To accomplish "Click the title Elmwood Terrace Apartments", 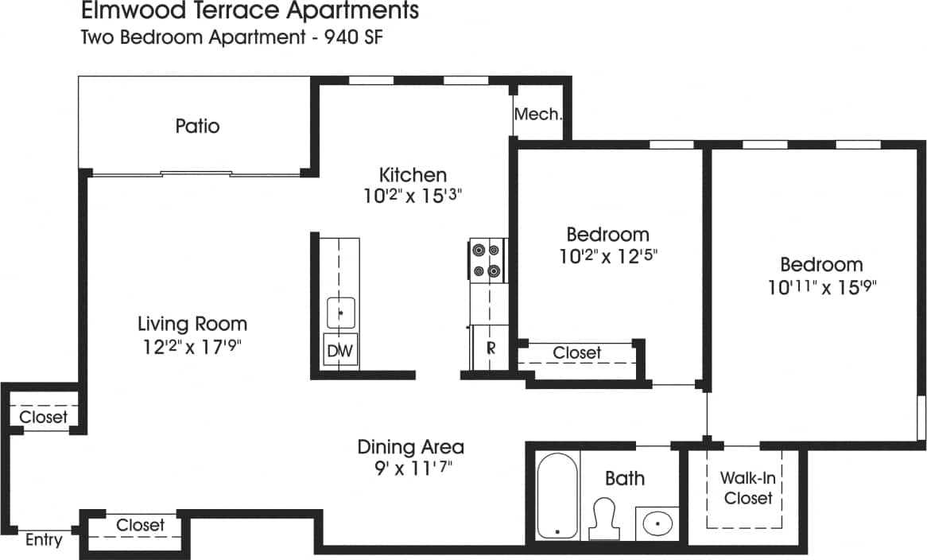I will coord(250,12).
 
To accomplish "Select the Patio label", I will coord(197,126).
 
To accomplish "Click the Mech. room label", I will coord(538,114).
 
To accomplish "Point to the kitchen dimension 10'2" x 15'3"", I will coord(413,196).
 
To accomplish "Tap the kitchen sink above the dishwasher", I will coord(341,312).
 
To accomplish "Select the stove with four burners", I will coord(487,260).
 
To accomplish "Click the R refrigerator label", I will coord(491,348).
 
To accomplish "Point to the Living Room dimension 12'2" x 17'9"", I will coord(191,346).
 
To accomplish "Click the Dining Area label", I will coord(410,446).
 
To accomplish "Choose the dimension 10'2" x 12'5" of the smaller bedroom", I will coord(607,256).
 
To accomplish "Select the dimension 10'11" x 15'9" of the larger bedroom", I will coord(821,286).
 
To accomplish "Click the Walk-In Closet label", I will coord(747,488).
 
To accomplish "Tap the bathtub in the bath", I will coord(557,496).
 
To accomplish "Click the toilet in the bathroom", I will coord(606,516).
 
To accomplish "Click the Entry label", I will coord(44,540).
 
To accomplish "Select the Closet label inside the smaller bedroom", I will coord(576,352).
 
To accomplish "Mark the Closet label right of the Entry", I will coord(140,525).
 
